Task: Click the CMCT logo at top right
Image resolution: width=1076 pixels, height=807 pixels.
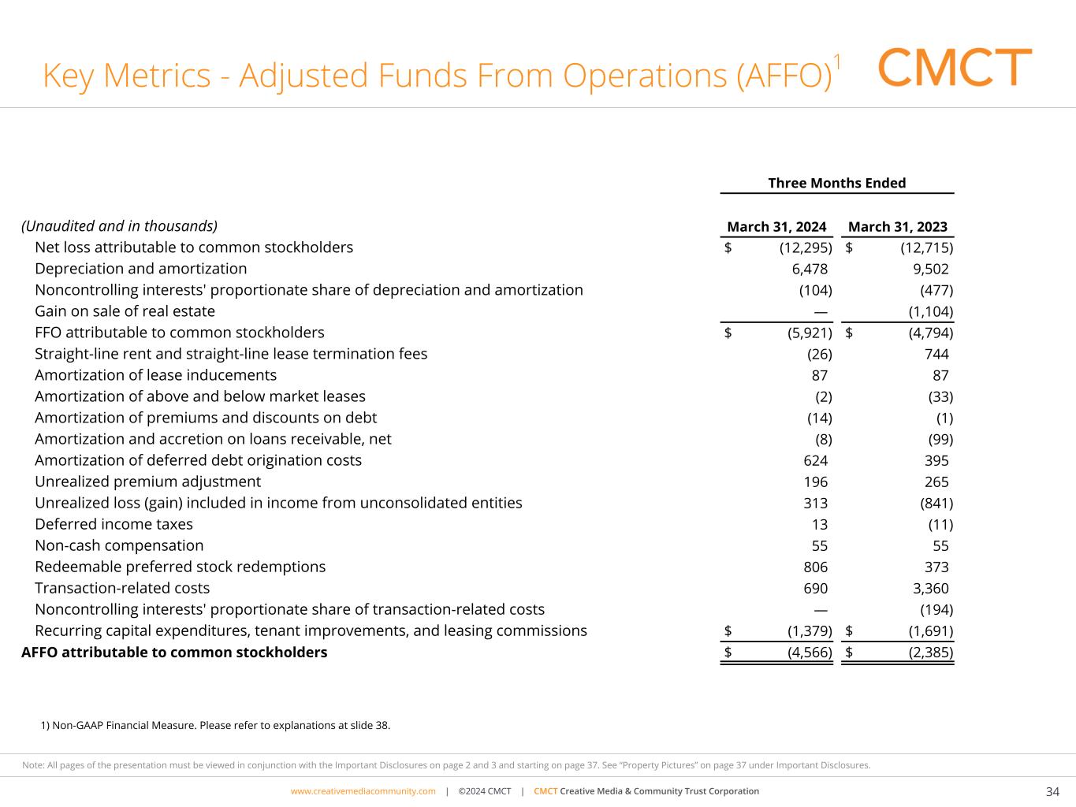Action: click(954, 68)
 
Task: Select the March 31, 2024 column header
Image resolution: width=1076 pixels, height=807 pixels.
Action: click(776, 227)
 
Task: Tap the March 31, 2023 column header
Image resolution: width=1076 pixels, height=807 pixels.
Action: click(897, 227)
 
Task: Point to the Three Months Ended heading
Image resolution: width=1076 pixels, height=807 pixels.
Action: click(836, 184)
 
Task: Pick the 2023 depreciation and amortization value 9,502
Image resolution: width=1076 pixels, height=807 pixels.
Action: click(930, 269)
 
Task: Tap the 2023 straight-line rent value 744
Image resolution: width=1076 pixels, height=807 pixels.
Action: click(936, 354)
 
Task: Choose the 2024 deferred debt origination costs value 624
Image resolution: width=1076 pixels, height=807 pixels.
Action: click(815, 460)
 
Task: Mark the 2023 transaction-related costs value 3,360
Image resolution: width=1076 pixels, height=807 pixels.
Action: click(930, 588)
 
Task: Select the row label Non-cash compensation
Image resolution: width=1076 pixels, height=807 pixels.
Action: click(119, 545)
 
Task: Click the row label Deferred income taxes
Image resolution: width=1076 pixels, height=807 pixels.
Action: click(114, 524)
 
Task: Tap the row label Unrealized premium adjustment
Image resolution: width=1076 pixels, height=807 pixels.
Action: click(147, 482)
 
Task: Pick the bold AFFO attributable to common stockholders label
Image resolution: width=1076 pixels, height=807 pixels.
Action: click(174, 653)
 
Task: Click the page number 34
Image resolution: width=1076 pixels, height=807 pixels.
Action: click(1052, 791)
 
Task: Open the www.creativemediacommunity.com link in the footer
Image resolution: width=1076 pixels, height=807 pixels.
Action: click(363, 791)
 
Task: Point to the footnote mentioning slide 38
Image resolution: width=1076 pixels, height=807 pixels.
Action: click(215, 725)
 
